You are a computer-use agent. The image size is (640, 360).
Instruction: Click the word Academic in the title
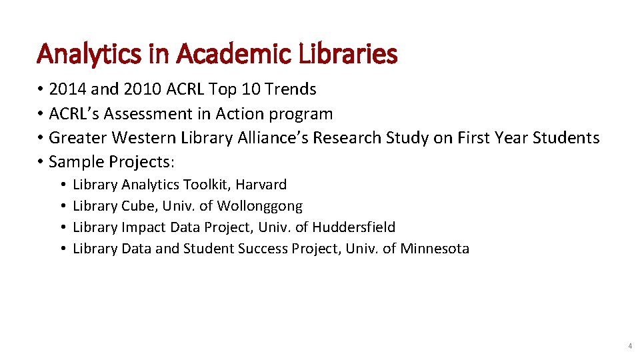215,54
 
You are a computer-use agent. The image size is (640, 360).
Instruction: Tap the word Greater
77,138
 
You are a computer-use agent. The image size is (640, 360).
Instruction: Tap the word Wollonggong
260,206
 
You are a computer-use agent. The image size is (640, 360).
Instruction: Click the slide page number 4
629,347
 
